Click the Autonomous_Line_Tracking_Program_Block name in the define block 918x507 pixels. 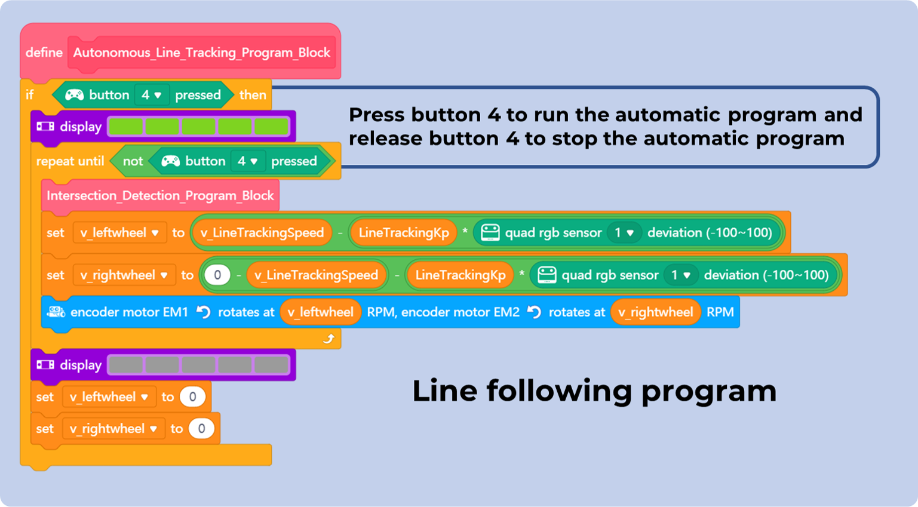point(201,53)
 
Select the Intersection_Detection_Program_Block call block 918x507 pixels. point(160,196)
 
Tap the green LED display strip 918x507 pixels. point(198,127)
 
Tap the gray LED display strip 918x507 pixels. point(198,365)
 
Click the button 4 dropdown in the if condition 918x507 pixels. point(151,95)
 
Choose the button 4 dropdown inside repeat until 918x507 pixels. point(247,161)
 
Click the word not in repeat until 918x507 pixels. point(133,161)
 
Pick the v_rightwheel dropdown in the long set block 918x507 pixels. point(124,275)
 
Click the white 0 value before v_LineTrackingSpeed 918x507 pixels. point(217,275)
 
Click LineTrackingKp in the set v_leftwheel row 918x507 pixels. point(404,233)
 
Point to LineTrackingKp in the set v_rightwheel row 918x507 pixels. point(460,275)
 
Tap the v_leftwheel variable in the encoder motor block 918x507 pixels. point(320,312)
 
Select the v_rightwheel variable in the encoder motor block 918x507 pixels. point(655,312)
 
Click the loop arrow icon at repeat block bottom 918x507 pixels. point(328,339)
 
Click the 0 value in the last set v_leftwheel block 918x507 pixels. point(192,397)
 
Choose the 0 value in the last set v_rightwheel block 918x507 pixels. point(201,429)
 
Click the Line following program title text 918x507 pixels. point(594,391)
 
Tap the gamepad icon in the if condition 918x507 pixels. point(74,95)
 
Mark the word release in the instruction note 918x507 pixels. point(386,139)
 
